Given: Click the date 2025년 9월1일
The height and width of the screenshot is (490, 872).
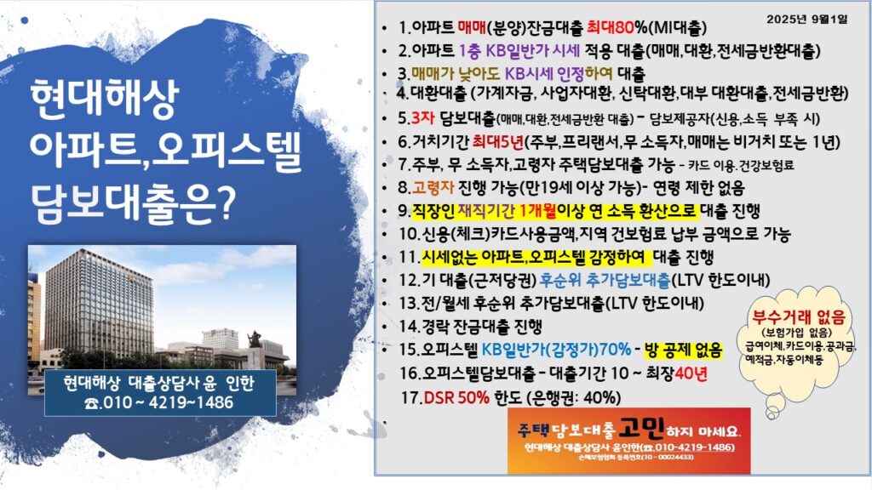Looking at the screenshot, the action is pos(807,20).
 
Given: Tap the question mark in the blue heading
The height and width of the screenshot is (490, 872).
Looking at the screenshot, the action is pos(224,202).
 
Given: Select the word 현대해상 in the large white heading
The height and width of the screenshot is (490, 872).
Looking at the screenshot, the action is pos(106,99).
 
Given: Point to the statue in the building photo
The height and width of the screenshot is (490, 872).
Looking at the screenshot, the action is pos(255,346).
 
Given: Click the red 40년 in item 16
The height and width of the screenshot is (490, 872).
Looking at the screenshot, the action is pos(691,373).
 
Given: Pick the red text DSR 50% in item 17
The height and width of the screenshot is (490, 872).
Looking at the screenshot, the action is pos(456,398).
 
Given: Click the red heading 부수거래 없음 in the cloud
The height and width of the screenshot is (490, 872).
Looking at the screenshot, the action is pos(799,317).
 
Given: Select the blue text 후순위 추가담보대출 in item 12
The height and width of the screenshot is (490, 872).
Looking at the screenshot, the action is pos(605,281).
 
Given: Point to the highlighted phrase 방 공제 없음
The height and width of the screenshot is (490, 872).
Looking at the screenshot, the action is pos(683,350).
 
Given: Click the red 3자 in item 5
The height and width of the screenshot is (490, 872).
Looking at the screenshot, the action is pos(422,118).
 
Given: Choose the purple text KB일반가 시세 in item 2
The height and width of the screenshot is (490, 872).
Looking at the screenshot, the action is pos(533,50).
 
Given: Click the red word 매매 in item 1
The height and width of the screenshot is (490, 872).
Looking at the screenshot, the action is pos(472,27).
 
